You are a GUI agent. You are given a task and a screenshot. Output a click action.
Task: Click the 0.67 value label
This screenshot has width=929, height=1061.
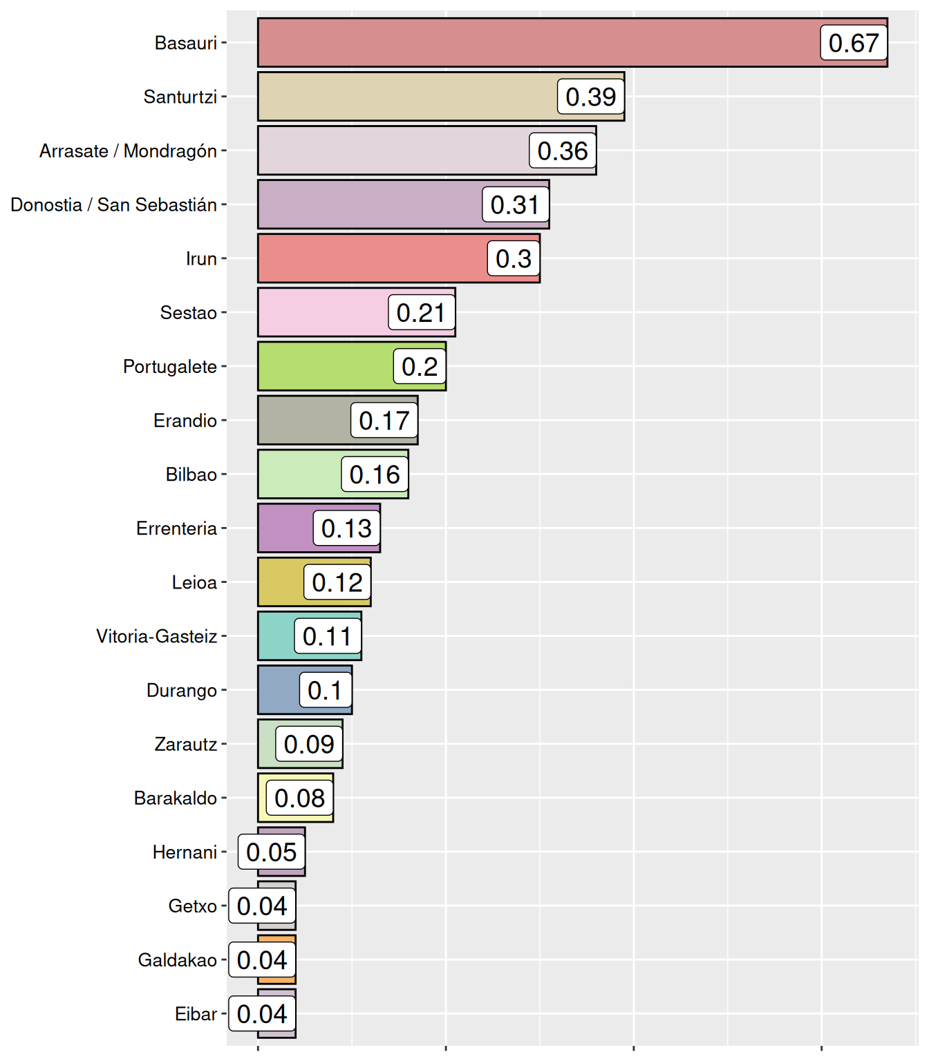(854, 43)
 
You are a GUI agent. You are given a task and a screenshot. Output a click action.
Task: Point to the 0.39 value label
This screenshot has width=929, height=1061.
(590, 97)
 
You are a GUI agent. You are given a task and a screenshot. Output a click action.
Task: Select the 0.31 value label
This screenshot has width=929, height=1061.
(515, 204)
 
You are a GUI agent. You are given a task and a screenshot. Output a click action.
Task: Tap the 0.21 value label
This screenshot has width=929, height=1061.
(421, 313)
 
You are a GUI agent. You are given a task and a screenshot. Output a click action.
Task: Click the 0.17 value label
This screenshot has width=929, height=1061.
(384, 421)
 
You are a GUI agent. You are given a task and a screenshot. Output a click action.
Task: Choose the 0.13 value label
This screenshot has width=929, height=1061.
(346, 528)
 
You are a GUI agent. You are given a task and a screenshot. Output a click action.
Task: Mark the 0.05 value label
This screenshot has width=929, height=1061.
(271, 852)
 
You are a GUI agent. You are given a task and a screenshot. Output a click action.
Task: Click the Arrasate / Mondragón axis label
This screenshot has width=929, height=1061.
(128, 151)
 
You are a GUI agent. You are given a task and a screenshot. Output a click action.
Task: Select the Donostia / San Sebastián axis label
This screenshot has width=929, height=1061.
(113, 204)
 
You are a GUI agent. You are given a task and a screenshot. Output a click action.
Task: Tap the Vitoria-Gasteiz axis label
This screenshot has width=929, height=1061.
(156, 636)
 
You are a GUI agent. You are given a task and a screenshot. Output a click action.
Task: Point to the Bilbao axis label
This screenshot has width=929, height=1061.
(191, 475)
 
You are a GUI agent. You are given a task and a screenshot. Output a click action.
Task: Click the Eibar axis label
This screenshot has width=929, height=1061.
(196, 1014)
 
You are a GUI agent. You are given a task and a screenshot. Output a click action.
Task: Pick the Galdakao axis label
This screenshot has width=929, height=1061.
(177, 960)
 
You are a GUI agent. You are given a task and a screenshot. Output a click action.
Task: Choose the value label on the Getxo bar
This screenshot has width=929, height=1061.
(262, 906)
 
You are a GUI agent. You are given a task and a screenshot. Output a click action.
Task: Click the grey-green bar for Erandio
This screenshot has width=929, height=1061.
(304, 421)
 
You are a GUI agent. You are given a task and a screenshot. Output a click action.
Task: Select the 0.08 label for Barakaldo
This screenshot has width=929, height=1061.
(299, 799)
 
